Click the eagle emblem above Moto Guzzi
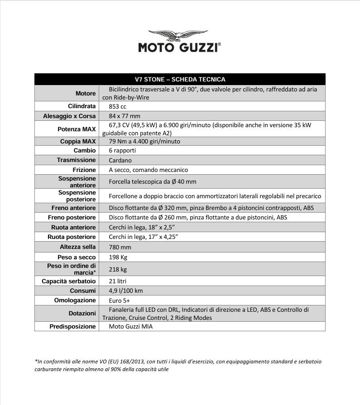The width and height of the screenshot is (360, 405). pos(178,36)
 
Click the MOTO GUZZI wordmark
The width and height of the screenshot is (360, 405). pos(179,48)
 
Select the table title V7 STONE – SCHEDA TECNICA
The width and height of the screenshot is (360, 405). pos(180,79)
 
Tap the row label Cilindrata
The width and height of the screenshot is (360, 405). pos(82,106)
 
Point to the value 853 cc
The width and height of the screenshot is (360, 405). pos(117,106)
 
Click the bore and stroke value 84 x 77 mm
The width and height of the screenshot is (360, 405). pos(125,116)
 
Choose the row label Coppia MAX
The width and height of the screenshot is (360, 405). pos(78,141)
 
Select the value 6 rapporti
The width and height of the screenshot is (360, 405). pos(122,150)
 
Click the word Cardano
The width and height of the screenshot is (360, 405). pos(120,160)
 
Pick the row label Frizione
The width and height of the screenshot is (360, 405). pos(84,170)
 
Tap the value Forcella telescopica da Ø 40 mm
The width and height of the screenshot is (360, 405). pos(153,181)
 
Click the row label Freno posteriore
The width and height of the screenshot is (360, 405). pos(72,218)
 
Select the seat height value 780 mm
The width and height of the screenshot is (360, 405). pos(120,247)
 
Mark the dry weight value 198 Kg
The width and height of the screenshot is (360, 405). pos(118,257)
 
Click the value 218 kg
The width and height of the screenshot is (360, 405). pos(117,269)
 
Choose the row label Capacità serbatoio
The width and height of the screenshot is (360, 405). pos(69,281)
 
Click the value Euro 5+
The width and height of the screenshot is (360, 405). pos(119,300)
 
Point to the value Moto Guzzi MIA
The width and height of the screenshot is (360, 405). pos(130,326)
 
